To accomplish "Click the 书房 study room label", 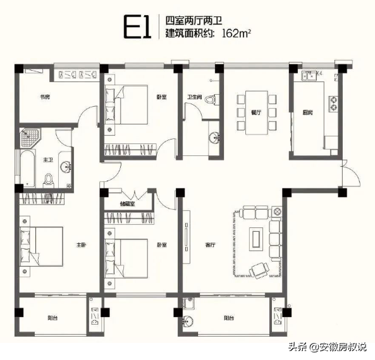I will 44,97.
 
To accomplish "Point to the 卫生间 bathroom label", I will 194,97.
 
